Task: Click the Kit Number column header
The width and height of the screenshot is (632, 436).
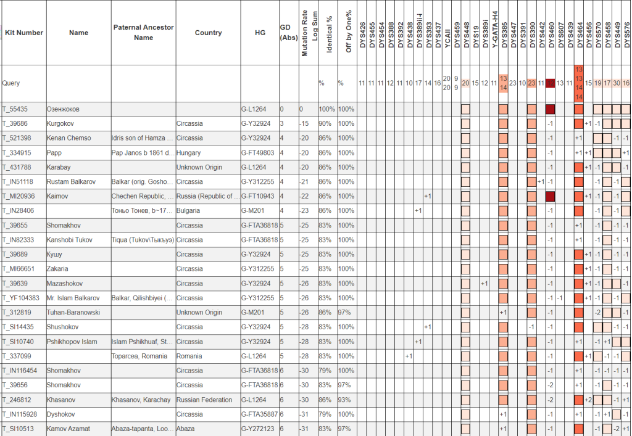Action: pyautogui.click(x=23, y=33)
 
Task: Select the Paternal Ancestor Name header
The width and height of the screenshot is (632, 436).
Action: pyautogui.click(x=143, y=33)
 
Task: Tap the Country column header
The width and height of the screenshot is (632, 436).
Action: pyautogui.click(x=208, y=33)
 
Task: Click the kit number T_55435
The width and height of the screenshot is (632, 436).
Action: pyautogui.click(x=15, y=109)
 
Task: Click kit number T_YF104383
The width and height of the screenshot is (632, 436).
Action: pyautogui.click(x=20, y=298)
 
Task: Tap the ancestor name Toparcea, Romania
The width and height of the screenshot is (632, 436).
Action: pyautogui.click(x=139, y=356)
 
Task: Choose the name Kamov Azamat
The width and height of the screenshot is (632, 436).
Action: pyautogui.click(x=71, y=429)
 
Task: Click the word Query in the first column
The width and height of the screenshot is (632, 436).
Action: pyautogui.click(x=12, y=83)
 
